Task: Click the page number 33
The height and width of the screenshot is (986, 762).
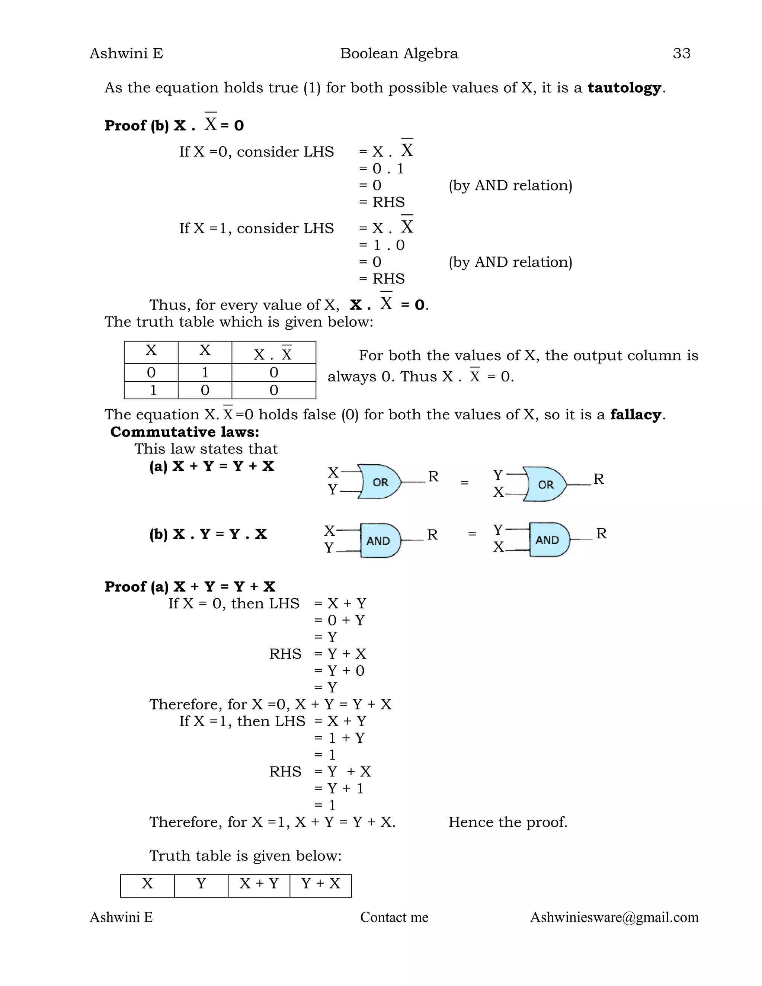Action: coord(681,53)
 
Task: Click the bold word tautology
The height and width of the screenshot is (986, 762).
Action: coord(624,87)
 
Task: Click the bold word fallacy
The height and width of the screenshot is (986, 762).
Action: coord(635,414)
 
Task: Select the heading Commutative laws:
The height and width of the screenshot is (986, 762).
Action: coord(185,432)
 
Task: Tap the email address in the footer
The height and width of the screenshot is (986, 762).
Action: coord(614,918)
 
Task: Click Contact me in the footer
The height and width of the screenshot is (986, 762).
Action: coord(394,918)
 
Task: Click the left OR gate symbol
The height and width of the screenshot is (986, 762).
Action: coord(379,482)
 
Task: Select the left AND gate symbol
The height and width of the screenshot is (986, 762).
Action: coord(379,540)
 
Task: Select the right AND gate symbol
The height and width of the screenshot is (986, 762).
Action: coord(548,540)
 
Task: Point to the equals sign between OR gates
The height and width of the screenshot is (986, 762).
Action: coord(464,483)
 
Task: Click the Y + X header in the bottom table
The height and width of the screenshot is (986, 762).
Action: coord(320,884)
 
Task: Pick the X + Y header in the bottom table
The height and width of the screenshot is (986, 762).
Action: coord(259,884)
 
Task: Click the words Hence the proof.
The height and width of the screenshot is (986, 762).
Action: coord(508,822)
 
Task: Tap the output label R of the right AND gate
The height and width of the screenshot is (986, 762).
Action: coord(601,534)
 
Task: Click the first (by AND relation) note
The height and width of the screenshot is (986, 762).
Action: coord(510,186)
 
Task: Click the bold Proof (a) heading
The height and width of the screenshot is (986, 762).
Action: coord(190,586)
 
